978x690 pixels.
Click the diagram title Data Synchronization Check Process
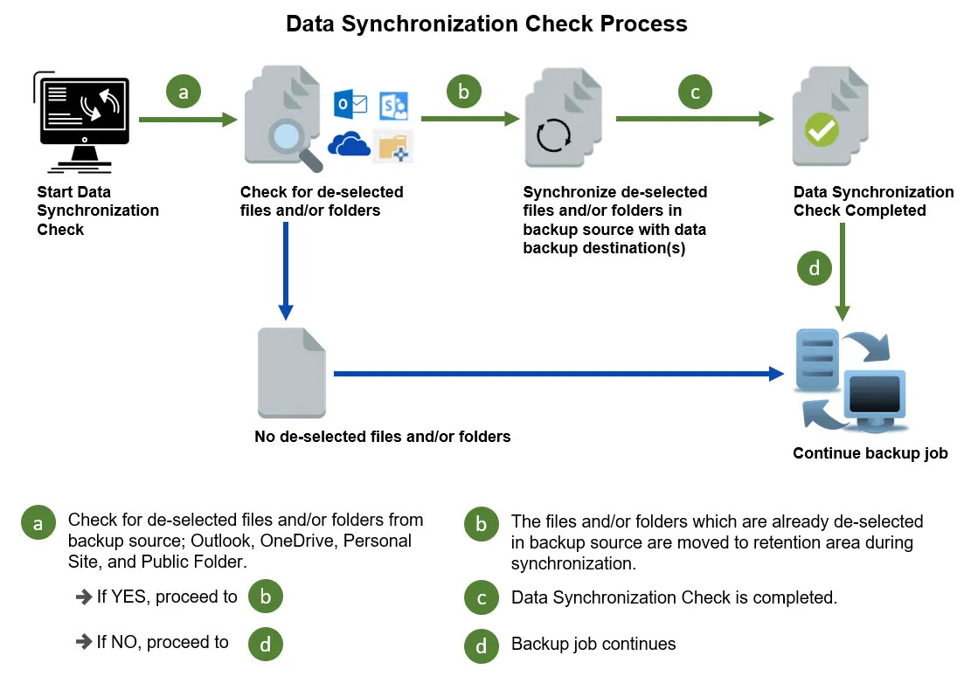point(487,24)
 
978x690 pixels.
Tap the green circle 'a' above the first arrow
point(184,92)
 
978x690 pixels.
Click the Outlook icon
point(351,105)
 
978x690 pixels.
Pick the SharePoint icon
point(393,106)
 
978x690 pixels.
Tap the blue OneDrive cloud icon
point(350,144)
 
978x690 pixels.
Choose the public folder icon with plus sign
point(392,145)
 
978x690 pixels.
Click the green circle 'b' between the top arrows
point(464,92)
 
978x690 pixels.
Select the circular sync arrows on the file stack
point(554,135)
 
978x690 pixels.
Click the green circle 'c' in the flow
point(695,92)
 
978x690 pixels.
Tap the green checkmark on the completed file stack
point(822,131)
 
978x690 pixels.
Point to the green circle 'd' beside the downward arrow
point(815,268)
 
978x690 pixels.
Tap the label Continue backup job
point(870,453)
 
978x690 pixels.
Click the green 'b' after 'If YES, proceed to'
point(266,597)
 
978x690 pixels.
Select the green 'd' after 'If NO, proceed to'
point(266,644)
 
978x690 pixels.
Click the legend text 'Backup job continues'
point(593,645)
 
